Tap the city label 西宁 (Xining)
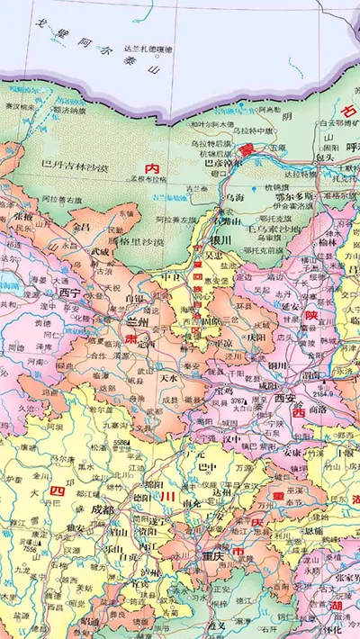click(69, 292)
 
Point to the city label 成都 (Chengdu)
click(103, 509)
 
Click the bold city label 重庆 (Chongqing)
click(215, 555)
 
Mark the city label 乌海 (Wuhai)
click(234, 197)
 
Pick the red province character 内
click(152, 167)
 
